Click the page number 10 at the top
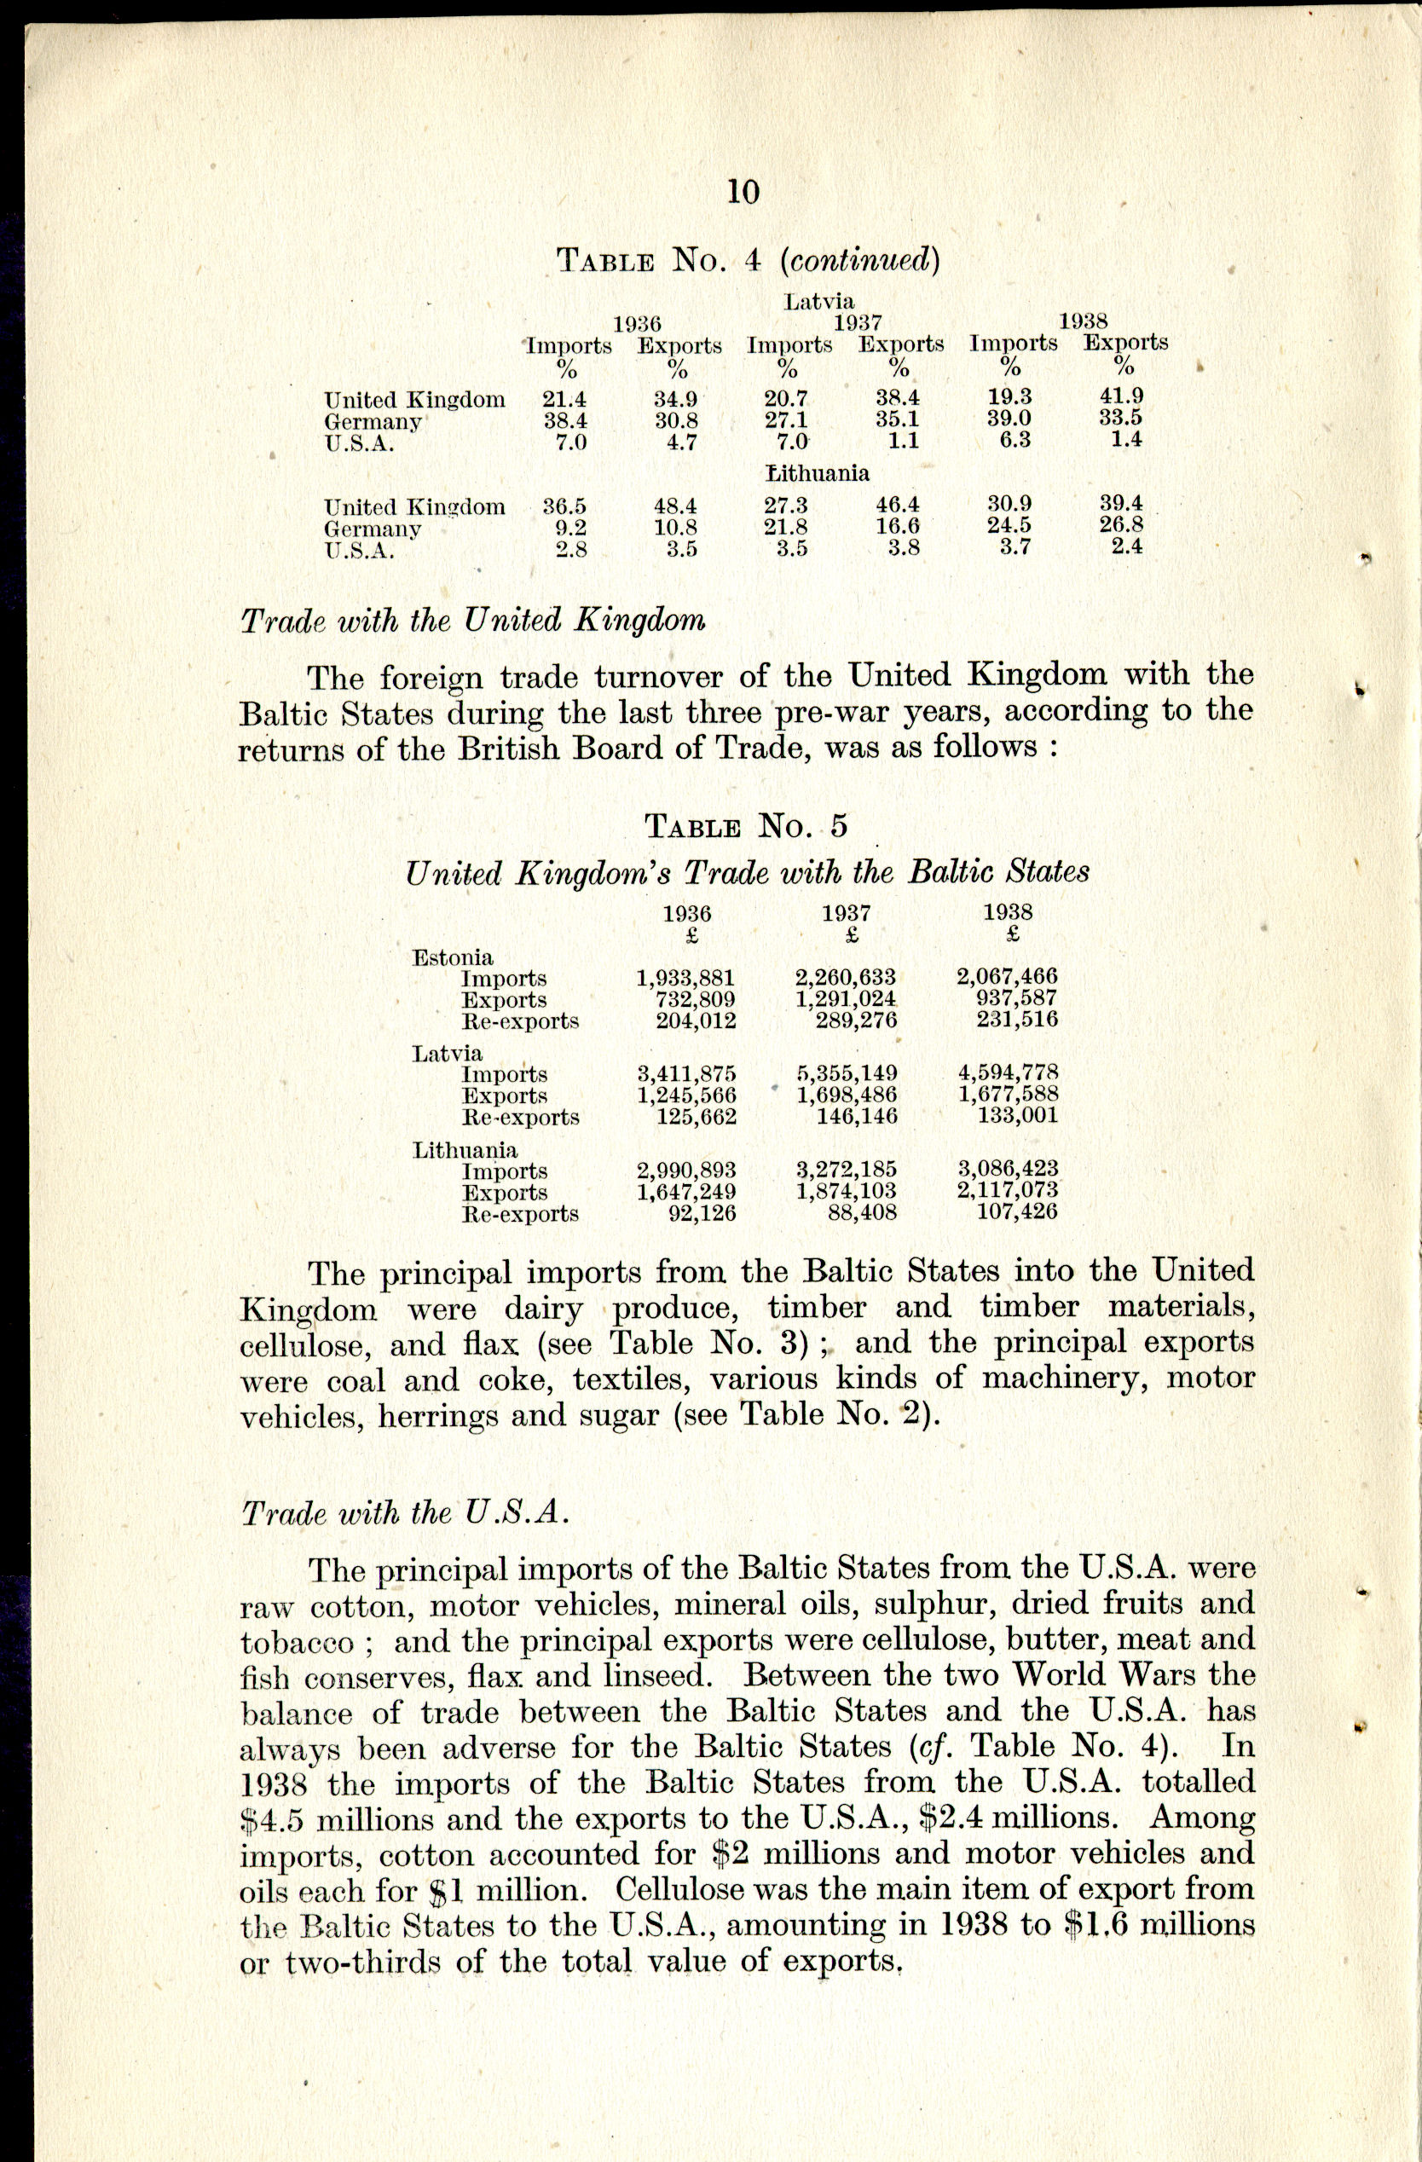(x=743, y=192)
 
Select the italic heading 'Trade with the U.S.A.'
(x=405, y=1513)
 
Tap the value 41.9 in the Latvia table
(x=1121, y=396)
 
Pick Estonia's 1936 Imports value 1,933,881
(x=685, y=979)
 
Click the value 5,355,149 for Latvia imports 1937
(x=846, y=1073)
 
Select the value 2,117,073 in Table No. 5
(x=1008, y=1190)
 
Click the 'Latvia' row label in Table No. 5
(x=447, y=1054)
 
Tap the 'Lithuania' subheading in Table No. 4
(x=818, y=473)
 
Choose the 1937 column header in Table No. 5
(x=846, y=913)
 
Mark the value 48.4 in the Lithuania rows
(x=675, y=506)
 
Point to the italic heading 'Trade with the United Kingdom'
(x=472, y=621)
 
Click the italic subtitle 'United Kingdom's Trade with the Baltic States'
(x=747, y=873)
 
